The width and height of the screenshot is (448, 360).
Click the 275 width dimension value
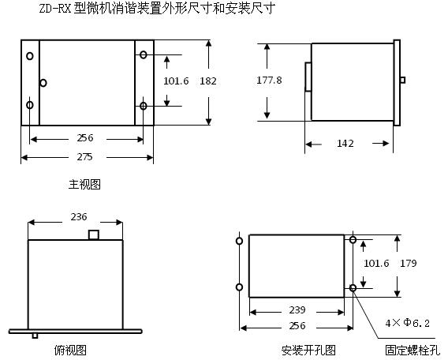tap(84, 156)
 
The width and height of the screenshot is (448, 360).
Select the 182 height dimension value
tap(208, 81)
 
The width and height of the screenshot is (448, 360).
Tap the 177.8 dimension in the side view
tap(269, 80)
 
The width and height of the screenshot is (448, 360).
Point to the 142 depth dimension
tap(345, 143)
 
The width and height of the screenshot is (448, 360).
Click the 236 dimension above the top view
tap(79, 217)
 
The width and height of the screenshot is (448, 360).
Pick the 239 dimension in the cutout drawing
tap(297, 309)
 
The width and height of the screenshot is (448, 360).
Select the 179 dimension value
tap(408, 263)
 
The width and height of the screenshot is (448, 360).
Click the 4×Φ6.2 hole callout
tap(408, 323)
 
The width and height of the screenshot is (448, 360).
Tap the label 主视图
tap(84, 185)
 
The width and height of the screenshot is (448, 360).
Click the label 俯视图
tap(70, 350)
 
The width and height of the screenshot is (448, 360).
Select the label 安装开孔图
tap(308, 351)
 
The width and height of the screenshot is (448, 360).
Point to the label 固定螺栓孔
tap(413, 351)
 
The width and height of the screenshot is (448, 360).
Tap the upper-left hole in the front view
tap(30, 56)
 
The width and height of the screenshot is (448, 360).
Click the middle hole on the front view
tap(43, 83)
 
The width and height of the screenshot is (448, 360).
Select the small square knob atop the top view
tap(94, 234)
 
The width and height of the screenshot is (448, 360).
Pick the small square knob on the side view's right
tap(402, 80)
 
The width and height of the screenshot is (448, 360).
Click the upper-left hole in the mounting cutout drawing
tap(240, 241)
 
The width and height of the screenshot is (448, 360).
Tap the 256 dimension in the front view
tap(85, 138)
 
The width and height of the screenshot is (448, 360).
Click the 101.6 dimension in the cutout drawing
tap(376, 263)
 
